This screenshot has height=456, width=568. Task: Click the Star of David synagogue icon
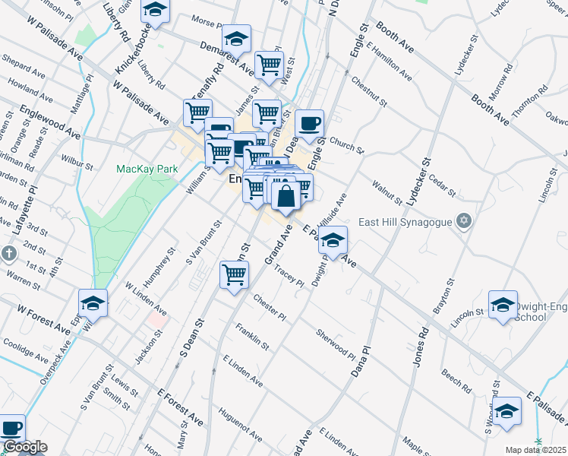coord(465,221)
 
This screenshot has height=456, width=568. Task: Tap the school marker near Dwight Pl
coord(333,242)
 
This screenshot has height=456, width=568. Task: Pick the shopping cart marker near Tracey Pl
coord(234,276)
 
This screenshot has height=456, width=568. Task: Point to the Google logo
coord(25,447)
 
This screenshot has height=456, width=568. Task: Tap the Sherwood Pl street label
coord(336,344)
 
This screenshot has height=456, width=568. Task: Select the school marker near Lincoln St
coord(503,306)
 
